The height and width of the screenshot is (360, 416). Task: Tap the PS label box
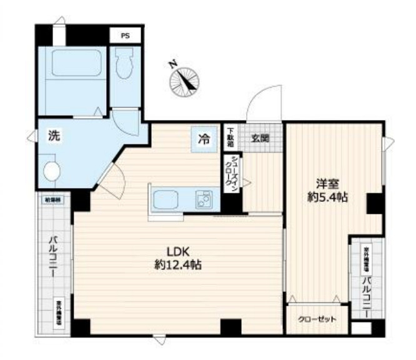(126, 36)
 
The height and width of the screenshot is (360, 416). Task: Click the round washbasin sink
(52, 171)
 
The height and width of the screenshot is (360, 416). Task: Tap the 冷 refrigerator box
(204, 140)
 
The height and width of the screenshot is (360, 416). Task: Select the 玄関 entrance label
(261, 139)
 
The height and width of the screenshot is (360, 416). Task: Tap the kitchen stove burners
(204, 200)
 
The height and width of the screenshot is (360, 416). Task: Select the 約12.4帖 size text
(177, 264)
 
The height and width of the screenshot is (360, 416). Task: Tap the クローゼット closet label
(317, 319)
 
